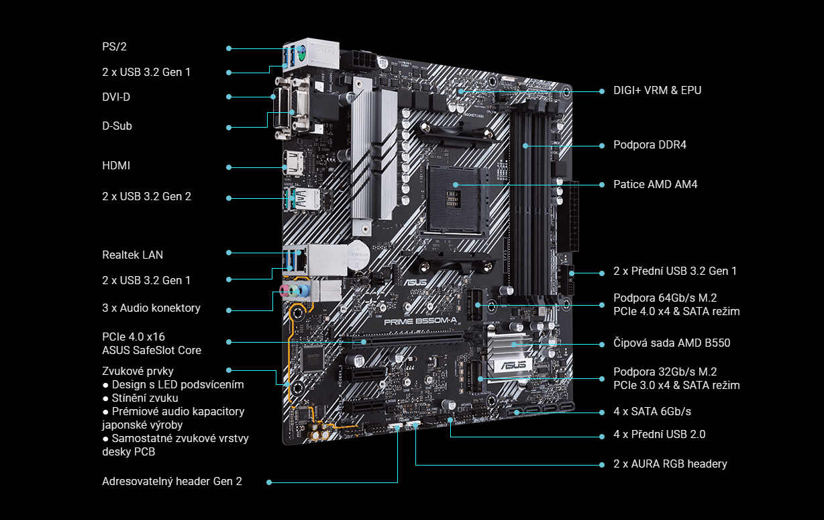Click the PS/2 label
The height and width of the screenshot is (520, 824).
[114, 47]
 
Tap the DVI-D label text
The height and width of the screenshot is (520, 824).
[116, 97]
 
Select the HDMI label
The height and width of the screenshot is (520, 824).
[116, 165]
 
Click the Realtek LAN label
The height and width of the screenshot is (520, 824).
[132, 255]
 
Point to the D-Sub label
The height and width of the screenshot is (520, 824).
[117, 126]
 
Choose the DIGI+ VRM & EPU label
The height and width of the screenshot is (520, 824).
[657, 90]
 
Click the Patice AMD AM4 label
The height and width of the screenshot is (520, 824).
[655, 184]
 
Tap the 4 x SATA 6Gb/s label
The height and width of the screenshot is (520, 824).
[652, 411]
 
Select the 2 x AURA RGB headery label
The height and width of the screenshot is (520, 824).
[670, 464]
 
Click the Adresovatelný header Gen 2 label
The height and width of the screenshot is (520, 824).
[172, 481]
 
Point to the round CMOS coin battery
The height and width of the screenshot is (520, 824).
[358, 255]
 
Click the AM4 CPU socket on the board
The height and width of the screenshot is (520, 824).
[456, 201]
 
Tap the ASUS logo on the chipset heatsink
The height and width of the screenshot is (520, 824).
[513, 365]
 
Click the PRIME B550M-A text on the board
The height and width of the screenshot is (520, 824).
[421, 322]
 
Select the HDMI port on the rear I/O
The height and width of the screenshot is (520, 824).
[293, 163]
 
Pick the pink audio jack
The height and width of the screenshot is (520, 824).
[283, 291]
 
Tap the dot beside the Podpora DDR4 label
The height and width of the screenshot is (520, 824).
[602, 146]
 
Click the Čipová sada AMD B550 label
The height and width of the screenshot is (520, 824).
[672, 343]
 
